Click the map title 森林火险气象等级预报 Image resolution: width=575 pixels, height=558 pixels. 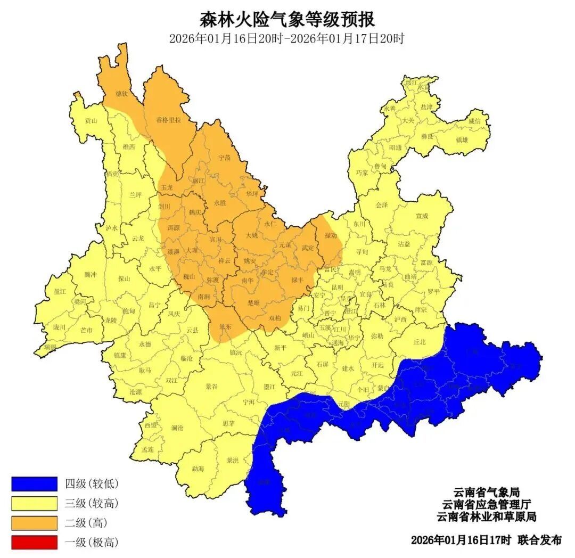[x=287, y=20]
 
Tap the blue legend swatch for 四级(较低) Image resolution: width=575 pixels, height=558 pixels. [x=34, y=483]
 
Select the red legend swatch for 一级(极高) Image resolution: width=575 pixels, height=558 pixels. [x=34, y=543]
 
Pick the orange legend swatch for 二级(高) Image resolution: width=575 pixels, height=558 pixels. [x=34, y=522]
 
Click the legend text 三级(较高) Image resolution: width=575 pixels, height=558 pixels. [x=92, y=503]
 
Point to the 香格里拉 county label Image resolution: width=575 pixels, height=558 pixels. [x=168, y=120]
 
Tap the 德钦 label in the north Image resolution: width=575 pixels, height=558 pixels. [x=122, y=94]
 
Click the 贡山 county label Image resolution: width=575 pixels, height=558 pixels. [x=92, y=121]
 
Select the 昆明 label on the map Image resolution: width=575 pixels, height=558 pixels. [x=337, y=287]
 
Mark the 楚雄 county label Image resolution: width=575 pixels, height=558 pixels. [x=254, y=302]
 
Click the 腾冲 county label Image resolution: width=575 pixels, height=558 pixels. [x=91, y=274]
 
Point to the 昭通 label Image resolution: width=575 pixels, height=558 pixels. [x=395, y=147]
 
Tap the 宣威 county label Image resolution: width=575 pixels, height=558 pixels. [x=422, y=216]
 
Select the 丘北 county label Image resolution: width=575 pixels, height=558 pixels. [x=420, y=342]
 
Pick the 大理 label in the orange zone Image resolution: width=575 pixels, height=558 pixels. [x=192, y=249]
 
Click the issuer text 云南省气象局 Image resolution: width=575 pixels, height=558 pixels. [x=486, y=491]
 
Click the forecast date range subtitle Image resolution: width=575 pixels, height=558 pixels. [x=287, y=39]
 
